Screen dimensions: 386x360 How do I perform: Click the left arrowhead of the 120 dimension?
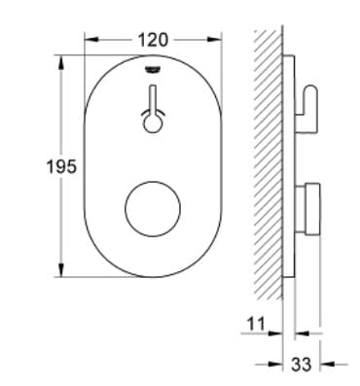[x=90, y=40]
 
